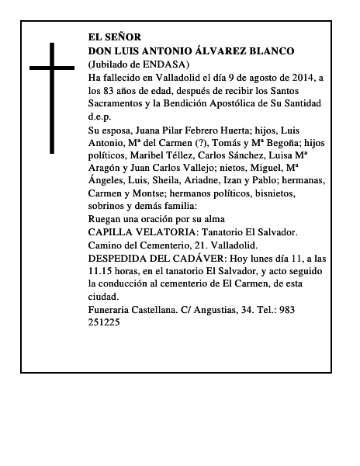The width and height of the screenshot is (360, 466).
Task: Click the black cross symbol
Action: coord(53,97)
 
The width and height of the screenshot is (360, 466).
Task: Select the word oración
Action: coord(161,219)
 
